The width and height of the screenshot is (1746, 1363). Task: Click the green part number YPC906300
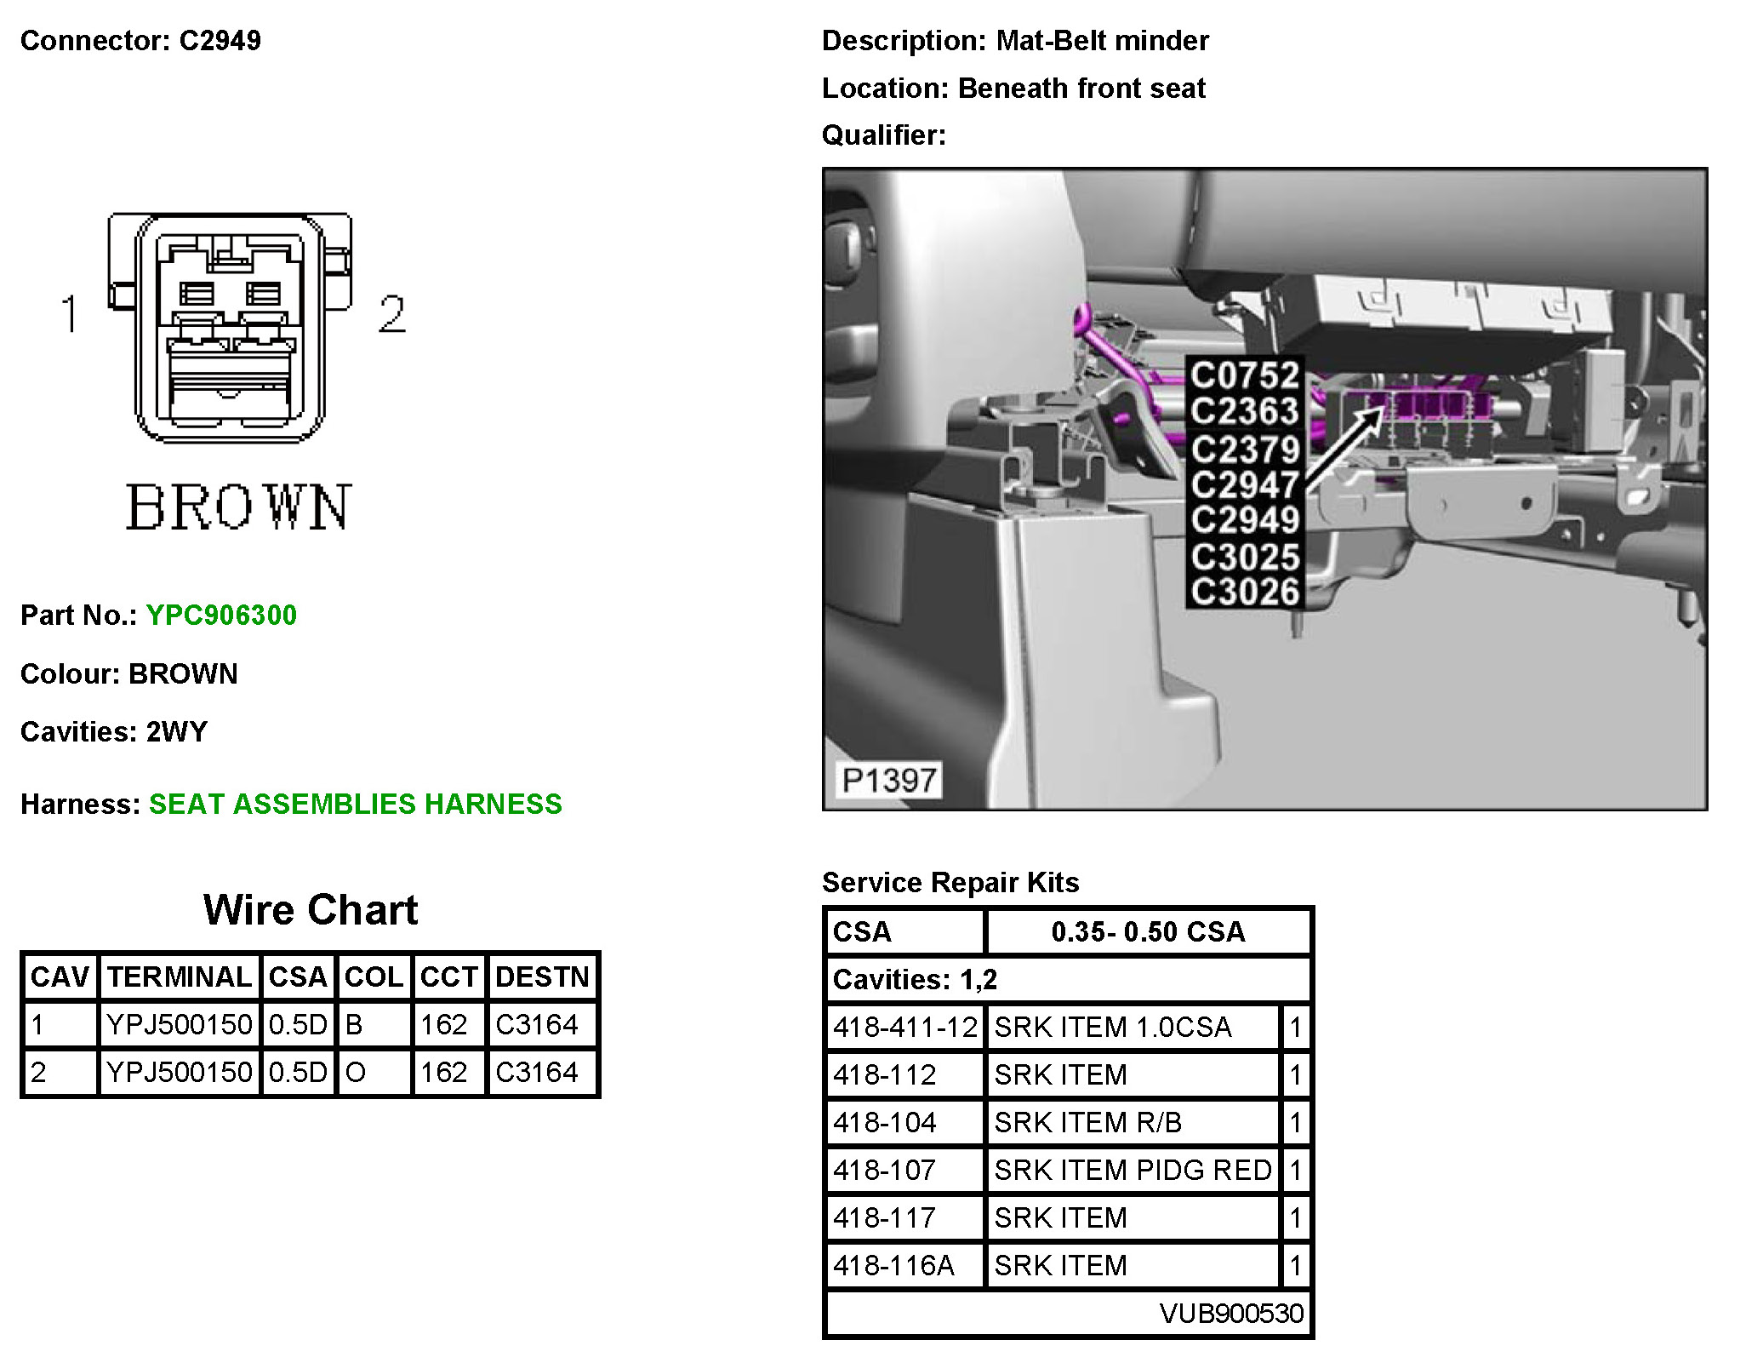click(x=221, y=615)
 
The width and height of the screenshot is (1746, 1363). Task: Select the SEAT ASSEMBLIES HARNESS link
click(x=355, y=804)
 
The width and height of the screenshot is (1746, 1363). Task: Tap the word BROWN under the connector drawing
click(x=238, y=507)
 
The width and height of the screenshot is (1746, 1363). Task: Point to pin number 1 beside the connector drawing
click(x=71, y=313)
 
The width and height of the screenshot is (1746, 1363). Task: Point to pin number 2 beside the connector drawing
click(x=391, y=313)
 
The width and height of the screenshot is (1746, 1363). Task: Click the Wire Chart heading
click(x=311, y=909)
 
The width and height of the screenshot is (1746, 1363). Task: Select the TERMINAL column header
click(x=179, y=976)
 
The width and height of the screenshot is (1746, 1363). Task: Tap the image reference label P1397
click(x=888, y=780)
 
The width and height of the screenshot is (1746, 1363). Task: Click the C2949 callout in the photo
click(x=1245, y=520)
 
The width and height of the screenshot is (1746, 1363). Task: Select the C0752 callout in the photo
click(x=1245, y=375)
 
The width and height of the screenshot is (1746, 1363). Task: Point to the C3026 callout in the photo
click(x=1245, y=592)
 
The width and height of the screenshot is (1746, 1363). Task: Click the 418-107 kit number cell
click(x=885, y=1170)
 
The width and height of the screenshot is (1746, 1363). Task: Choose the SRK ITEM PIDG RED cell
click(x=1133, y=1170)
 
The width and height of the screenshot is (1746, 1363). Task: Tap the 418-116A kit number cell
click(x=893, y=1265)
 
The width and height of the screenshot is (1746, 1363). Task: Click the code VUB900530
click(x=1231, y=1313)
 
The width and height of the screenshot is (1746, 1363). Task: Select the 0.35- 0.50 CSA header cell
click(x=1148, y=931)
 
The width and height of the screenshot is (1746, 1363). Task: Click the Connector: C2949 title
click(x=140, y=40)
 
